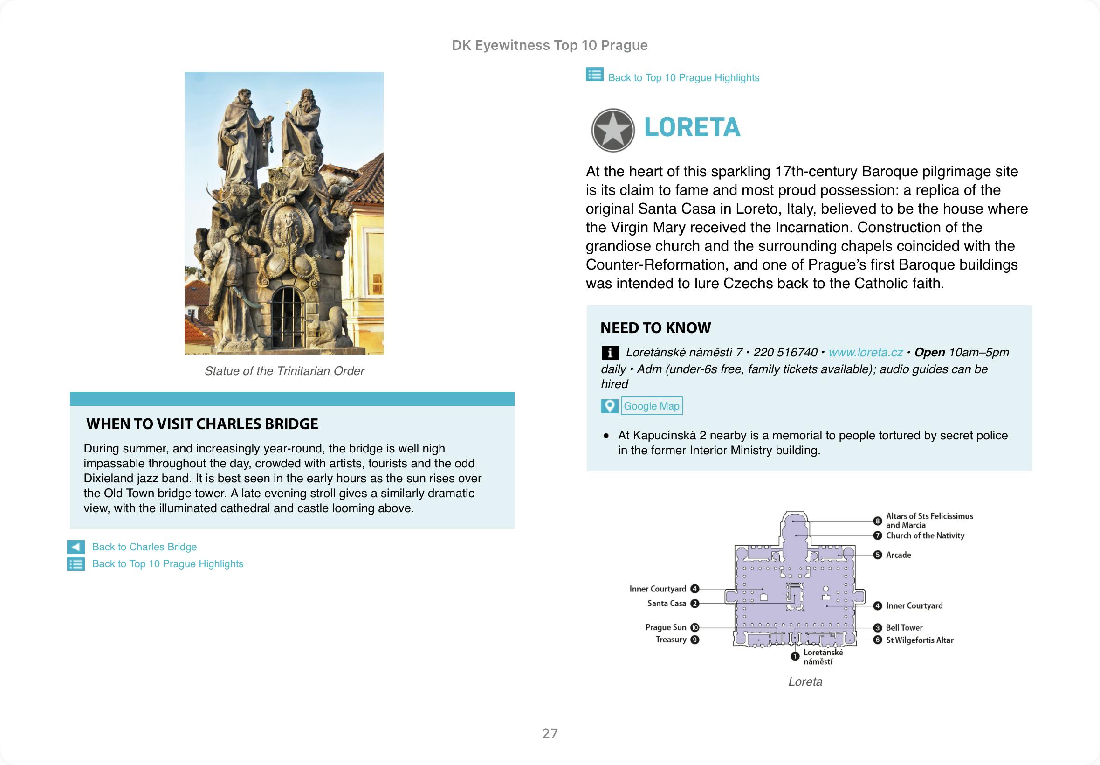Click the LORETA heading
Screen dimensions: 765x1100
tap(692, 127)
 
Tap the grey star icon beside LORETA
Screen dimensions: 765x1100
tap(612, 130)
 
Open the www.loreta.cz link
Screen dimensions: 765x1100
tap(865, 353)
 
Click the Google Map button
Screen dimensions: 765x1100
tap(651, 406)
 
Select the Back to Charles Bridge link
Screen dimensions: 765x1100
tap(144, 547)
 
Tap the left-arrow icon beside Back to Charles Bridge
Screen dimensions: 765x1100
tap(76, 547)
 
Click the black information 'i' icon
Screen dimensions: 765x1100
tap(610, 353)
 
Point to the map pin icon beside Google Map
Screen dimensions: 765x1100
tap(609, 406)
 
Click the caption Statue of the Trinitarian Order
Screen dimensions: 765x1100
tap(284, 371)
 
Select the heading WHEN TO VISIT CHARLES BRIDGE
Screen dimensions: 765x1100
tap(202, 424)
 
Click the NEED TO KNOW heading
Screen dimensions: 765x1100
tap(655, 328)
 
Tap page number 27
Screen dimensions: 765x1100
tap(550, 733)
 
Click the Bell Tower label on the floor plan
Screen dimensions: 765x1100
tap(904, 628)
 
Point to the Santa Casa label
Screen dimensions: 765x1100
tap(666, 604)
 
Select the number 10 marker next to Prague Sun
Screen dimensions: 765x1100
tap(694, 627)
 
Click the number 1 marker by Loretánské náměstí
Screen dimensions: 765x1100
tap(795, 656)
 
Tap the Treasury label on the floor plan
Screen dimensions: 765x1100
tap(671, 640)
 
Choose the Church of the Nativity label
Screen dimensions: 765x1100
tap(925, 536)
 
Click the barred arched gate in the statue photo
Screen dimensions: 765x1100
tap(287, 317)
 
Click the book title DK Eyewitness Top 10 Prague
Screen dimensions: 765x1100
tap(550, 45)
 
